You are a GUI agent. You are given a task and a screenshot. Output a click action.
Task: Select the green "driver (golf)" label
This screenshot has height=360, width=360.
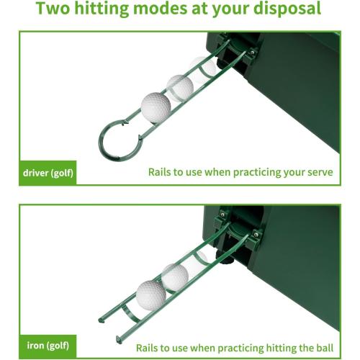(47, 173)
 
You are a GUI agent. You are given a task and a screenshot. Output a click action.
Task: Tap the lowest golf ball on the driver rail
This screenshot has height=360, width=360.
(156, 106)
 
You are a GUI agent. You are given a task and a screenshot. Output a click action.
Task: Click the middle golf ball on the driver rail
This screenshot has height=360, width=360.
(179, 88)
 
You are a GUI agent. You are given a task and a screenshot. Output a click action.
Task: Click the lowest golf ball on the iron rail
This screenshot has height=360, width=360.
(151, 293)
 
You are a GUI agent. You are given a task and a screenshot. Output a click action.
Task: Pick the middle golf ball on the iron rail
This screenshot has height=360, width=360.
(174, 276)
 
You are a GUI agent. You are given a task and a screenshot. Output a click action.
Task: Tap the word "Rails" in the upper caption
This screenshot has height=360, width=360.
(161, 173)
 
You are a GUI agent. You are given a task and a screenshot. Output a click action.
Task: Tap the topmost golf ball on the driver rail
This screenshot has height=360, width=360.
(199, 70)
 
